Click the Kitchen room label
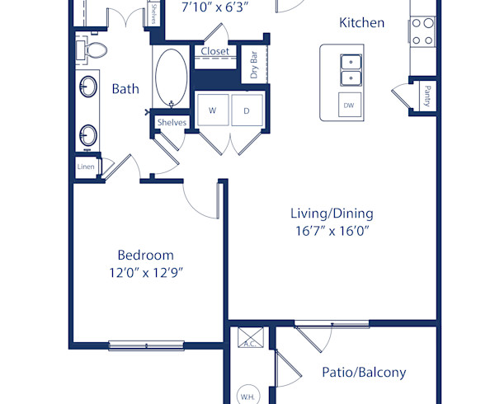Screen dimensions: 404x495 pos(361,23)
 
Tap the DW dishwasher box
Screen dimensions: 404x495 pos(350,105)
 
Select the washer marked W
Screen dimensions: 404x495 pos(212,110)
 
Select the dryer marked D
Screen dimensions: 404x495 pos(245,110)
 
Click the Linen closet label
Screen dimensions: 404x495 pos(85,167)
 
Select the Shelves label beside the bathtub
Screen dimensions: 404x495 pos(172,123)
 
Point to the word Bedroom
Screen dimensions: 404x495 pos(145,254)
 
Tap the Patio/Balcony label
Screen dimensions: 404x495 pos(364,372)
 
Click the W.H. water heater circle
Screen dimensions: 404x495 pos(247,394)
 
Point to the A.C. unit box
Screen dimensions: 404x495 pos(247,339)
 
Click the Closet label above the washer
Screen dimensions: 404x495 pos(215,51)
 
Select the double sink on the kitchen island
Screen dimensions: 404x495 pos(351,70)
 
